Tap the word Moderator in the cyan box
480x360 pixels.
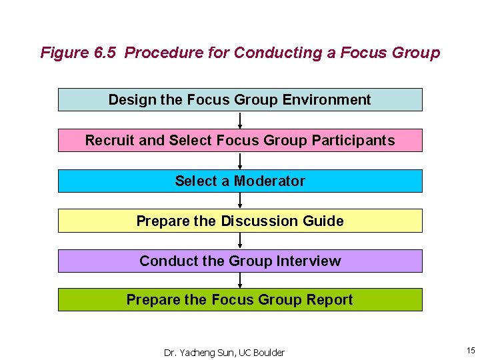pos(269,181)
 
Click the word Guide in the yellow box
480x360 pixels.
pos(323,221)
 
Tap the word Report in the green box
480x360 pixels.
pos(329,300)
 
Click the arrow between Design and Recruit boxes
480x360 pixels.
pos(240,120)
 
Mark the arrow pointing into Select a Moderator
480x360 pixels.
pos(240,161)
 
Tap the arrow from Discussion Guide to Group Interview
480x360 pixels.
pos(240,241)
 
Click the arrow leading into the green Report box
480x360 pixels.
pos(240,280)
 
